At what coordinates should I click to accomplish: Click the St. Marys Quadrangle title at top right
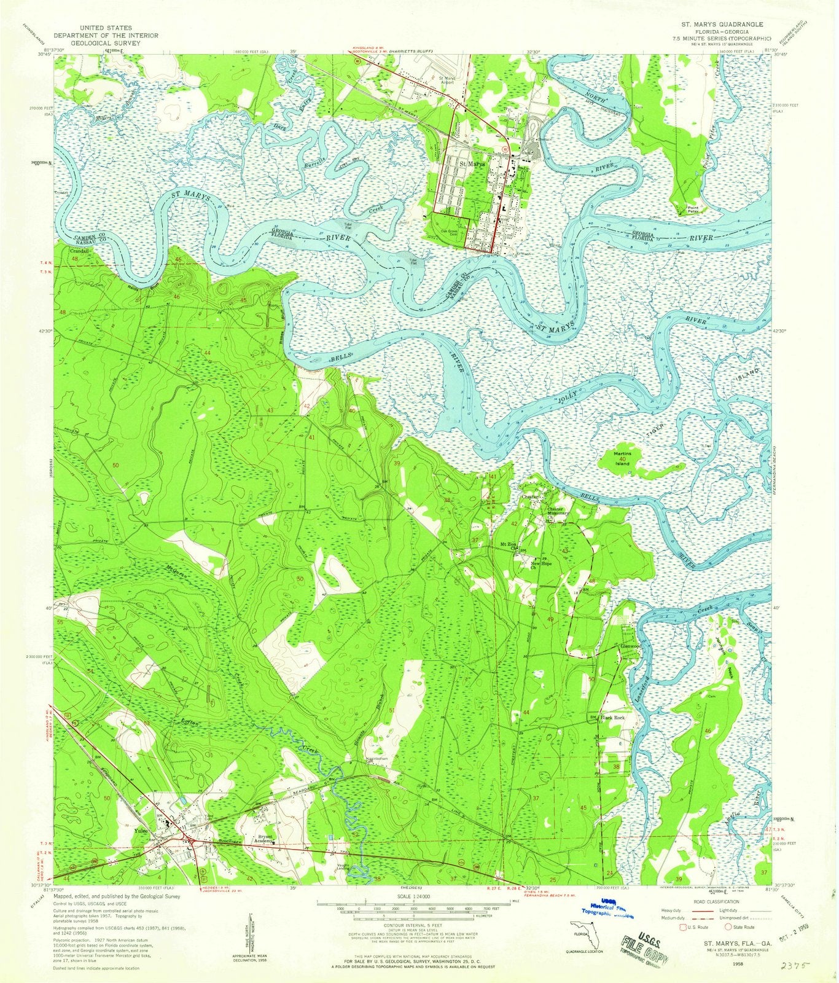click(722, 23)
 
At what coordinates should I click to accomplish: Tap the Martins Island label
click(623, 456)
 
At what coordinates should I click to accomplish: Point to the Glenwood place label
click(631, 647)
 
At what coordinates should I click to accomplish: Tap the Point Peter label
click(693, 211)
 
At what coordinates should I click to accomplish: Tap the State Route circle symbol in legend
click(728, 927)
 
